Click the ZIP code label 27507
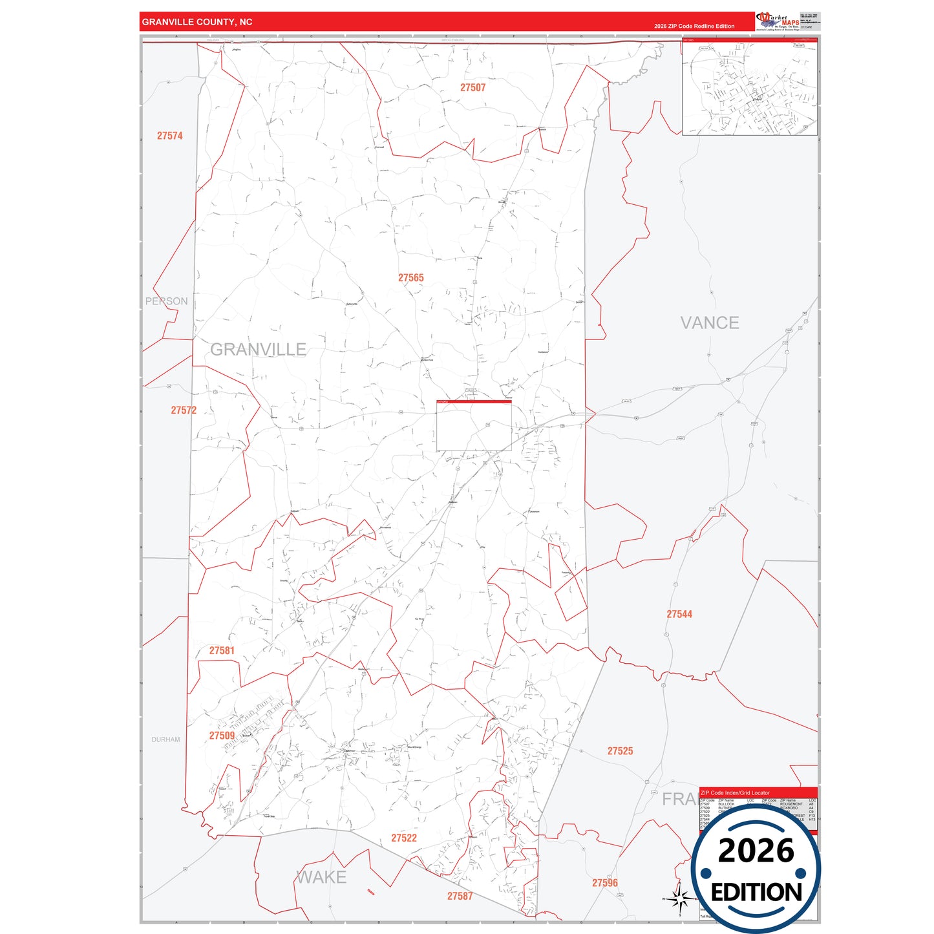click(472, 87)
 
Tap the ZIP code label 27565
click(410, 278)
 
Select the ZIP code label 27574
click(169, 136)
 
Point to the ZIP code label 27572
click(184, 410)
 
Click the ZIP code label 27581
click(222, 651)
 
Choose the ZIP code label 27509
click(222, 736)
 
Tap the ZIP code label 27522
click(404, 838)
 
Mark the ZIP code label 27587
click(460, 896)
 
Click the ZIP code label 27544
click(679, 614)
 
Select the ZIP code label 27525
click(620, 751)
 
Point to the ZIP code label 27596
click(605, 883)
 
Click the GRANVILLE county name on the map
click(258, 350)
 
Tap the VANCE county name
click(709, 323)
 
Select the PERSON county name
click(166, 301)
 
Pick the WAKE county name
click(321, 877)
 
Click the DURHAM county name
click(165, 739)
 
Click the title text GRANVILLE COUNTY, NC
click(197, 22)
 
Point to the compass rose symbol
click(679, 898)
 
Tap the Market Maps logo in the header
click(778, 21)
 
